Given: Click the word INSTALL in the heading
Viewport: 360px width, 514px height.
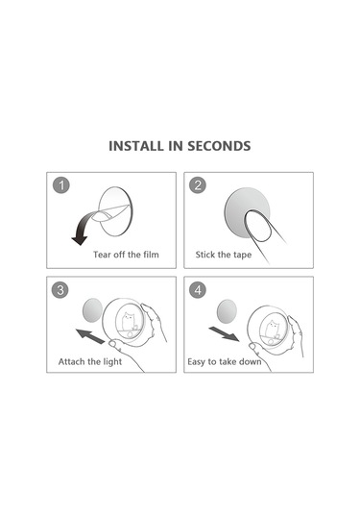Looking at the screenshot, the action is pyautogui.click(x=136, y=146).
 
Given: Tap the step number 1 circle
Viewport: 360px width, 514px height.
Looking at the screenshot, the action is pyautogui.click(x=61, y=185).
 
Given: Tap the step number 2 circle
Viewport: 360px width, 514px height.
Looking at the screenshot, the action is pyautogui.click(x=198, y=185).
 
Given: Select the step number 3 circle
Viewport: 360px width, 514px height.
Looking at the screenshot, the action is pyautogui.click(x=60, y=290).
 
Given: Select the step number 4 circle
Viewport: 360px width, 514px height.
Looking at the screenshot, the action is pyautogui.click(x=198, y=290).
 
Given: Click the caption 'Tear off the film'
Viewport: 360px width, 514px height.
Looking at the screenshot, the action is pyautogui.click(x=126, y=255).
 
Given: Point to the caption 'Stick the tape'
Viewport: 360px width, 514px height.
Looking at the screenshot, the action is pyautogui.click(x=224, y=255).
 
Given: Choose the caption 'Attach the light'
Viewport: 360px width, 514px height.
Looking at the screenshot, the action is pyautogui.click(x=90, y=362).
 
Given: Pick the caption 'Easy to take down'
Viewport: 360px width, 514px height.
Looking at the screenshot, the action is pyautogui.click(x=225, y=362).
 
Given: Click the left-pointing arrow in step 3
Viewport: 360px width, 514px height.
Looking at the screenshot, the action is pyautogui.click(x=90, y=336).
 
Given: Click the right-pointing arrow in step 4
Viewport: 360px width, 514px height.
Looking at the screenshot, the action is pyautogui.click(x=225, y=334).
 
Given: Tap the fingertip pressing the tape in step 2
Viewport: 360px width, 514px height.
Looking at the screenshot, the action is pyautogui.click(x=258, y=226).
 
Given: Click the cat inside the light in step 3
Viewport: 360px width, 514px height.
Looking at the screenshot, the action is pyautogui.click(x=129, y=321).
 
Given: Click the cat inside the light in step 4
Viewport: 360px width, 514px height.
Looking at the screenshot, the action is pyautogui.click(x=272, y=329).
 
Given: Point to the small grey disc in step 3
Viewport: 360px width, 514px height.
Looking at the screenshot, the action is pyautogui.click(x=93, y=309).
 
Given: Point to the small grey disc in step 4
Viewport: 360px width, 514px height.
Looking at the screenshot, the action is pyautogui.click(x=227, y=310).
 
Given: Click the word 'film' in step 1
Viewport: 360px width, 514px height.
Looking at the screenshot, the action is pyautogui.click(x=151, y=255).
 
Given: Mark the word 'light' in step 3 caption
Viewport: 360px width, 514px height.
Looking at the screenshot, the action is pyautogui.click(x=112, y=362).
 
